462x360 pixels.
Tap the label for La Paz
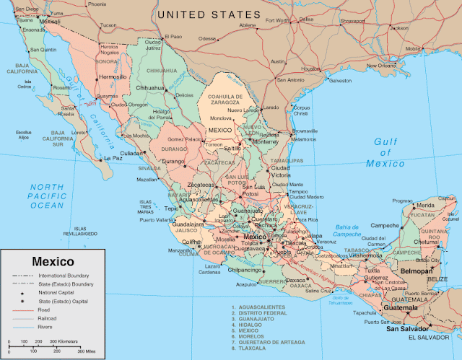tap(113, 158)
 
